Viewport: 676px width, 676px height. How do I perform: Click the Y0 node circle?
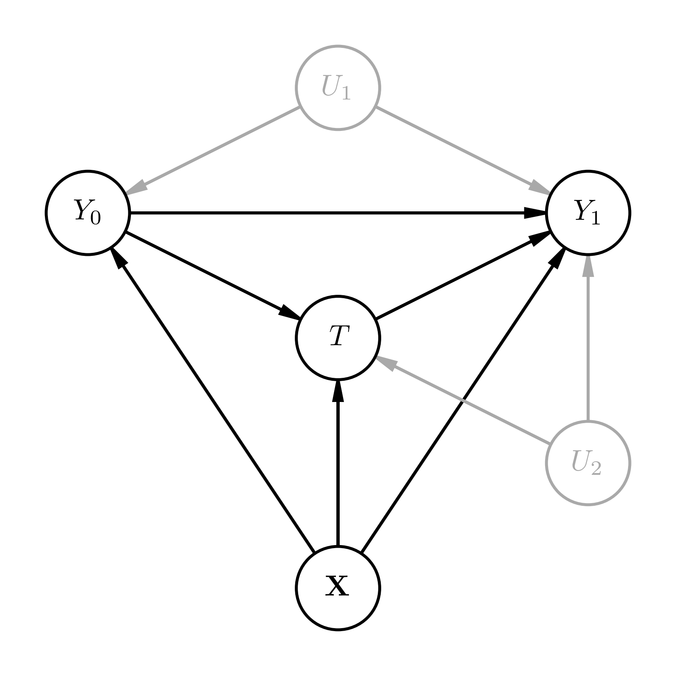88,213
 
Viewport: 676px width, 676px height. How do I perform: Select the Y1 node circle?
588,213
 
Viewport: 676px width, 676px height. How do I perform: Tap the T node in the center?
338,338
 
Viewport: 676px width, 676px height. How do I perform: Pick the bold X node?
338,588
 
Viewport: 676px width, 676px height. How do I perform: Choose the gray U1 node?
338,88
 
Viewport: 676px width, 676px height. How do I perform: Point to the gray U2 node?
588,463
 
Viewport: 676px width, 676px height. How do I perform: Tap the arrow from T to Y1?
457,278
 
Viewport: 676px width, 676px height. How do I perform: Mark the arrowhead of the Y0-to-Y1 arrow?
535,213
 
